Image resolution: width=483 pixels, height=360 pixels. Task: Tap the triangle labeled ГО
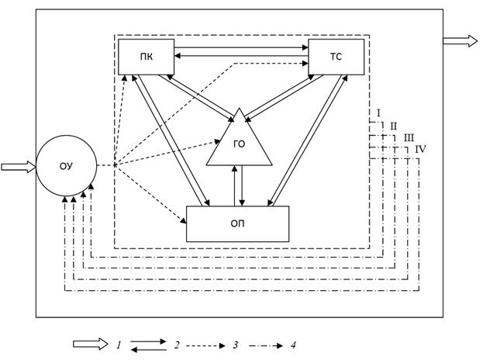click(x=240, y=144)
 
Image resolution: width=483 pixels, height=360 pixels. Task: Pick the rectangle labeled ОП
click(x=237, y=224)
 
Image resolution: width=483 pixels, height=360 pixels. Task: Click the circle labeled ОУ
click(x=66, y=165)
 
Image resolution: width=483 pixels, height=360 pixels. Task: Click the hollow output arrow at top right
click(x=461, y=41)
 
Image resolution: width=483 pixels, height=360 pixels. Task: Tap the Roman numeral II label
click(x=393, y=126)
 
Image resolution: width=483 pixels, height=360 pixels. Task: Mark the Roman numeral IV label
click(x=420, y=148)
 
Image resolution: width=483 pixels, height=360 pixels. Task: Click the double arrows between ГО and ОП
click(x=240, y=186)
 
